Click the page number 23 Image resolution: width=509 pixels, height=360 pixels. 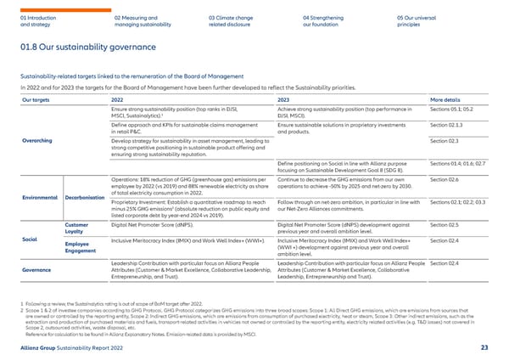click(484, 349)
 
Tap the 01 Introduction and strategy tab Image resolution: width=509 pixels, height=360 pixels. click(40, 20)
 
